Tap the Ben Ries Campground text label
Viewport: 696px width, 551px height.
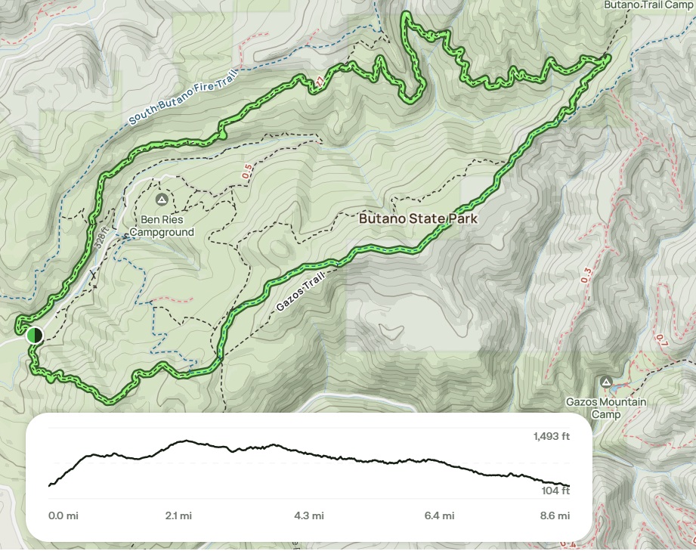click(161, 227)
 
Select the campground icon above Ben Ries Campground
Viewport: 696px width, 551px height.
click(161, 200)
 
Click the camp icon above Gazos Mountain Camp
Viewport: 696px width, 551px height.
click(606, 382)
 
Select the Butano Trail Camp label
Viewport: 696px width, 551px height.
click(648, 5)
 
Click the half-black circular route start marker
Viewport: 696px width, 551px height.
click(34, 335)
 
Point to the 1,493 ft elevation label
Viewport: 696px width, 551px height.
click(551, 436)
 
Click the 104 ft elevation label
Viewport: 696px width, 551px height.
click(556, 491)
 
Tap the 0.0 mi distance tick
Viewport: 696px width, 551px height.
click(63, 516)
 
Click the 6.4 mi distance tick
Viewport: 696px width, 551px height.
click(439, 516)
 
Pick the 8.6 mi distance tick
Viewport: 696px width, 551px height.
click(555, 516)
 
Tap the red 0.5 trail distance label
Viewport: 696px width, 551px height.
click(246, 172)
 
